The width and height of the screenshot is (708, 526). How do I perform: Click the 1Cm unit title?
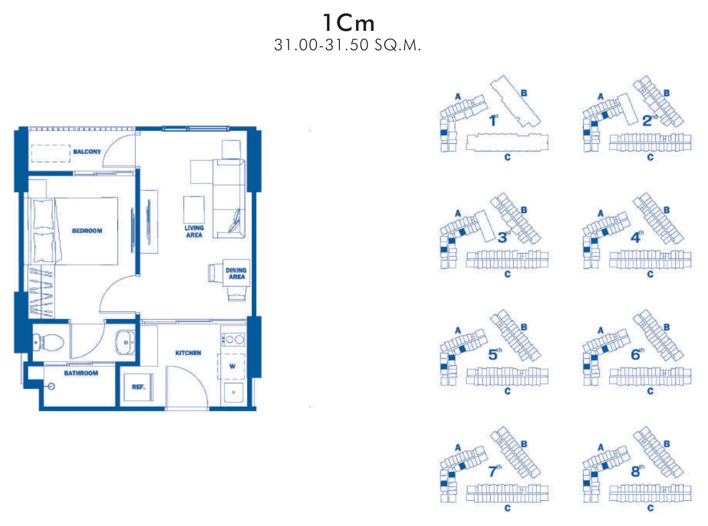point(348,23)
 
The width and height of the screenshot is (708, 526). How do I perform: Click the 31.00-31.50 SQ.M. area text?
point(348,45)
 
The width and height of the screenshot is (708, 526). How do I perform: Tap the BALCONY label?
point(87,152)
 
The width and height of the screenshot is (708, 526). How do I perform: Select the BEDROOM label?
point(87,231)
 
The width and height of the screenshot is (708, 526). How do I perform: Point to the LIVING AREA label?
point(194,231)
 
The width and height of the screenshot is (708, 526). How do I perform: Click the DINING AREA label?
point(236,274)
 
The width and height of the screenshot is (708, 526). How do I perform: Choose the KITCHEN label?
point(188,353)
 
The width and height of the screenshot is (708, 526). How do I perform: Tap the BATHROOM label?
point(81,373)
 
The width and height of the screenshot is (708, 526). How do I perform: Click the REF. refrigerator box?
point(139,387)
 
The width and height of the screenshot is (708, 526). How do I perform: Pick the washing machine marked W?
point(232,366)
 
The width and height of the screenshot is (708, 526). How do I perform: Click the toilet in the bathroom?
point(48,343)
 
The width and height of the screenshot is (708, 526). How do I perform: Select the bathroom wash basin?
point(125,343)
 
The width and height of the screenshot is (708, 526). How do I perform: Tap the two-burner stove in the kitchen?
point(234,339)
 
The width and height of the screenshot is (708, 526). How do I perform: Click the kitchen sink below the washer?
point(234,392)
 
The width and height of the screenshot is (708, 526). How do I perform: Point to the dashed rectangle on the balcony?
point(51,153)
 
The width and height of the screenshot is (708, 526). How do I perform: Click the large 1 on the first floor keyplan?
point(492,121)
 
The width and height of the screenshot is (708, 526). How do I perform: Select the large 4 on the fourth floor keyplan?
point(635,238)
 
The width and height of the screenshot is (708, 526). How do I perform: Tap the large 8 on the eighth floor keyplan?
point(635,472)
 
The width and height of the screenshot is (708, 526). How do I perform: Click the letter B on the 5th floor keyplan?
point(524,327)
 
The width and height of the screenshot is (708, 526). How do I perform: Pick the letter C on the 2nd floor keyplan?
point(650,158)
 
